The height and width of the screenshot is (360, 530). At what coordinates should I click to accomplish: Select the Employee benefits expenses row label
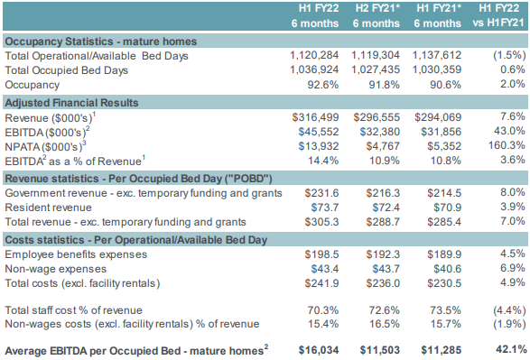[78, 255]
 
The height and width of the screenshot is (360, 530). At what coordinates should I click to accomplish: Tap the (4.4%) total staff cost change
[507, 307]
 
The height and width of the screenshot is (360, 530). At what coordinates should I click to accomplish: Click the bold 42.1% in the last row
[508, 348]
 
